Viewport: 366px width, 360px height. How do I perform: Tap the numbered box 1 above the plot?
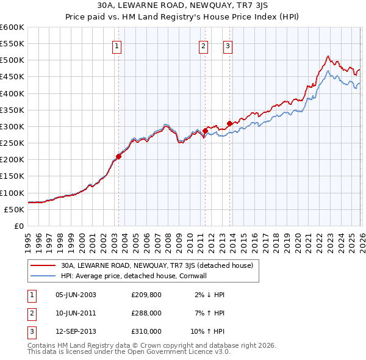tap(117, 45)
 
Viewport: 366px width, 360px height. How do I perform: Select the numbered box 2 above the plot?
tap(203, 45)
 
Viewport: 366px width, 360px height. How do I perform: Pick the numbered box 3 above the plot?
tap(228, 45)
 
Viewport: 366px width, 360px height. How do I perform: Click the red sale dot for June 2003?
tap(118, 156)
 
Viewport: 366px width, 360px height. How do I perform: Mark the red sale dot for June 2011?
tap(206, 130)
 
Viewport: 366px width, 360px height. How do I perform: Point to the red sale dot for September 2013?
tap(230, 123)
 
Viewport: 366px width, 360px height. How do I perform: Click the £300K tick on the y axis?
tap(12, 126)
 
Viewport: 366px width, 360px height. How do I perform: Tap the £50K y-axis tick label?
tap(13, 209)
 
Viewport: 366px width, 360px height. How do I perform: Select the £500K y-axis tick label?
tap(12, 60)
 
